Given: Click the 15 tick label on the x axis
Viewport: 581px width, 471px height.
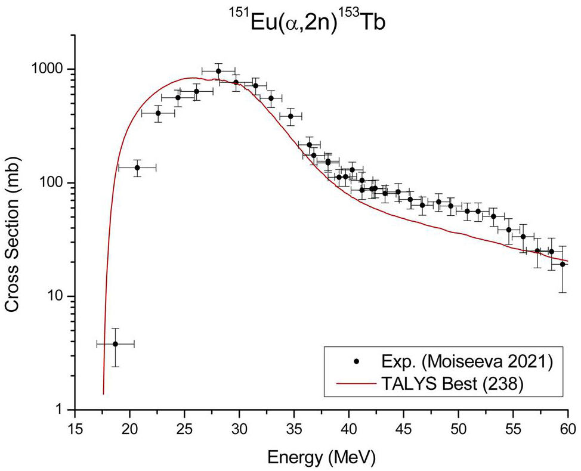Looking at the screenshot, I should click(75, 428).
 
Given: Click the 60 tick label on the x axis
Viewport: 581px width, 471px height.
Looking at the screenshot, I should click(568, 428).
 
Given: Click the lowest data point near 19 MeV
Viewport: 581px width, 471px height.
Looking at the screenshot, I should click(115, 344).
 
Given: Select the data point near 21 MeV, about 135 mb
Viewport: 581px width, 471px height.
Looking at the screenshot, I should click(137, 168).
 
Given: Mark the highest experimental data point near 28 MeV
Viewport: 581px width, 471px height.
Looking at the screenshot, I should click(218, 71).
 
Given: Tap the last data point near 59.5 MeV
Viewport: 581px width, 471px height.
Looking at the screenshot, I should click(563, 264).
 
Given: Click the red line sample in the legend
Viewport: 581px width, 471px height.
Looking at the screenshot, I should click(356, 385).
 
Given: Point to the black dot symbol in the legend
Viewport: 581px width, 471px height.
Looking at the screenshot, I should click(356, 361).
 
